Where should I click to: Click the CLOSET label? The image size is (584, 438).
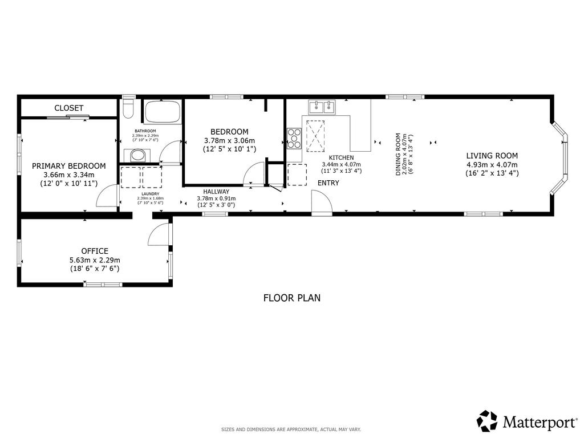69,108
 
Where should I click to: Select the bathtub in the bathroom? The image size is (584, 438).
163,112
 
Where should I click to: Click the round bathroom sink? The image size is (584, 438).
136,155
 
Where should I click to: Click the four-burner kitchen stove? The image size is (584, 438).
294,137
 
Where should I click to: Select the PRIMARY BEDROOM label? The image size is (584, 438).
68,166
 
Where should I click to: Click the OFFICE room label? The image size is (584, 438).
95,251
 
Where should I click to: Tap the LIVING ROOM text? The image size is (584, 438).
492,156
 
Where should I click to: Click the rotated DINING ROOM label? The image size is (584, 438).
399,154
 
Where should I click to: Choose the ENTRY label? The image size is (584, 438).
328,183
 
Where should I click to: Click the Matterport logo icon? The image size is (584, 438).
487,421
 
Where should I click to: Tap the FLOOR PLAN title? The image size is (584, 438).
291,298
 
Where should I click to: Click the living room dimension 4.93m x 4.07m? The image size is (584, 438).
492,164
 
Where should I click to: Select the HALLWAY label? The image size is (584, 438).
216,192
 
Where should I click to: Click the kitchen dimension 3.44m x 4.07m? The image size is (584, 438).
341,164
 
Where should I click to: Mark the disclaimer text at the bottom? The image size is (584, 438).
291,429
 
